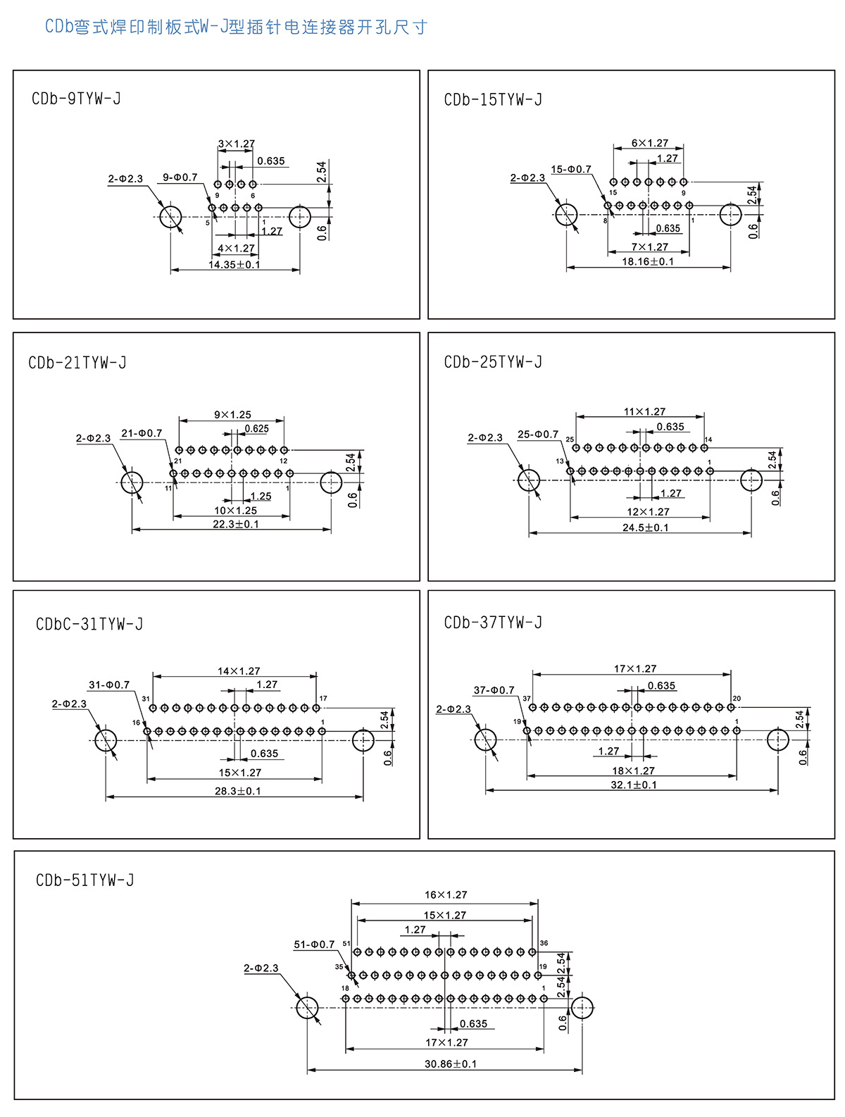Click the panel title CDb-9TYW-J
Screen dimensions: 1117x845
coord(76,99)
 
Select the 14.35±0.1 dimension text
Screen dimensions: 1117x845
coord(234,265)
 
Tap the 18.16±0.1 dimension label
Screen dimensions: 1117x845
coord(647,261)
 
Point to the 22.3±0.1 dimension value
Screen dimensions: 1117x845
coord(235,524)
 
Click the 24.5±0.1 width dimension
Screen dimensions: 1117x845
coord(645,528)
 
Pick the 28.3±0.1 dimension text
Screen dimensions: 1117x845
coord(237,791)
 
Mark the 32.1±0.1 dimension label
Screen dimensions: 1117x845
coord(633,785)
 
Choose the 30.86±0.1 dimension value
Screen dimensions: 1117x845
coord(450,1063)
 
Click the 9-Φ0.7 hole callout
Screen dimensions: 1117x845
coord(180,177)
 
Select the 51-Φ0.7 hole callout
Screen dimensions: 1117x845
coord(314,944)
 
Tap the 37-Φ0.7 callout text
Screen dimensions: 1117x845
coord(494,690)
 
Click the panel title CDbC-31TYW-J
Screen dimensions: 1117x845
coord(89,624)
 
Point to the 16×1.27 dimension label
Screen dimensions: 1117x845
coord(445,895)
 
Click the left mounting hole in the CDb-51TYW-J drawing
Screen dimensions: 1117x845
coord(307,1008)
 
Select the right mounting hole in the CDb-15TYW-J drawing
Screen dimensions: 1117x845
coord(730,214)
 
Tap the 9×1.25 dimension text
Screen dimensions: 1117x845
coord(232,415)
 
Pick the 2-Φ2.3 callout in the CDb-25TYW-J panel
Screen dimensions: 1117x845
coord(485,438)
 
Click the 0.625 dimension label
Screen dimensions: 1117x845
coord(256,428)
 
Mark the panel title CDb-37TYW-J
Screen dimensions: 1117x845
coord(493,623)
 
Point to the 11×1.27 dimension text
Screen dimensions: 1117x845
coord(644,412)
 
